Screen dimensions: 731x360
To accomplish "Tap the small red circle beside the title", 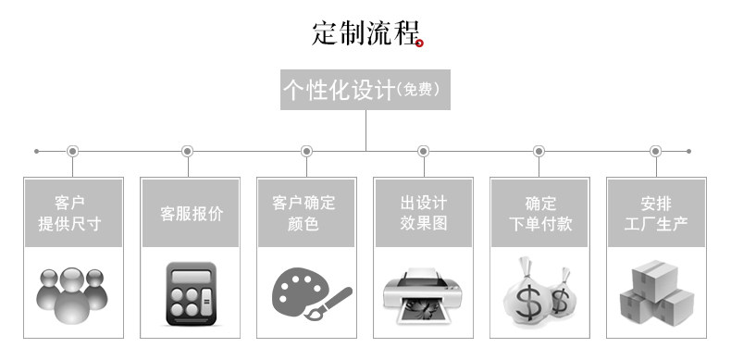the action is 419,43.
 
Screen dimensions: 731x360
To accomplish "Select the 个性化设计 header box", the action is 365,90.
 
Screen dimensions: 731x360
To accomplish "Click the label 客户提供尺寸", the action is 69,214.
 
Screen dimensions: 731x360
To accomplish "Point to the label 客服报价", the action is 192,214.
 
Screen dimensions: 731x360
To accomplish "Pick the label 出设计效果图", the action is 423,213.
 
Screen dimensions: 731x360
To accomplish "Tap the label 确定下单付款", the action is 540,214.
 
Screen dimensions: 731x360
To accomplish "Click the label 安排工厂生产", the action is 656,214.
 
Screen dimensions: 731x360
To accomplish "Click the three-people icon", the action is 72,295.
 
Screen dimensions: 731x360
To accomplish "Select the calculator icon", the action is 192,293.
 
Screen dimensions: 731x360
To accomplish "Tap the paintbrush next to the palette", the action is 328,304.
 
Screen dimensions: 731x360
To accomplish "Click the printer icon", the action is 423,295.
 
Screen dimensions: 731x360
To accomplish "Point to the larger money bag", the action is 527,294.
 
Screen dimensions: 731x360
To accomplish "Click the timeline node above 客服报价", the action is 188,151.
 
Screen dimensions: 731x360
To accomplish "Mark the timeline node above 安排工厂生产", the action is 655,151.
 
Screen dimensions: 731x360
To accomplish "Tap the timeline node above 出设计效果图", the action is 423,151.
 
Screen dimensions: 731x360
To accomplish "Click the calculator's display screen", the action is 192,277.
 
